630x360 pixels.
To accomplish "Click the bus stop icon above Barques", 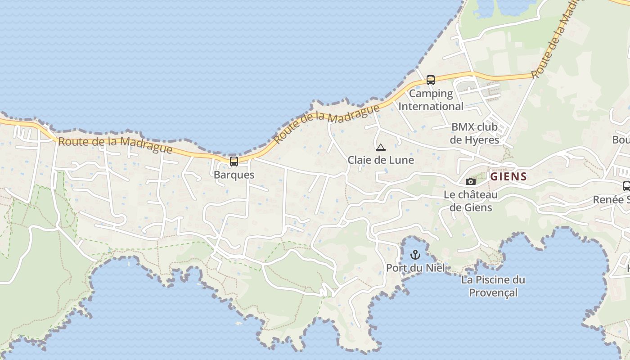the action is pos(234,161).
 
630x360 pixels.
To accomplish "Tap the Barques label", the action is pos(234,175).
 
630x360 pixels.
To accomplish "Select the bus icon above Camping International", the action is pos(431,80).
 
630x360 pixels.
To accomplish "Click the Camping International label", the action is pos(431,100).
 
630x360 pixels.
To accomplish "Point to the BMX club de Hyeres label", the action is pos(474,133).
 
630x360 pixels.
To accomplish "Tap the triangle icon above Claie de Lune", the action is pos(381,147).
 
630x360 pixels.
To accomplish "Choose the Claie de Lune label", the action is pos(381,160).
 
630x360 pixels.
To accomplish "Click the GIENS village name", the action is pos(508,176).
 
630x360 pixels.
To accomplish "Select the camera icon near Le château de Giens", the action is pos(471,181).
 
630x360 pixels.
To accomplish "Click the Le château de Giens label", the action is pos(471,201).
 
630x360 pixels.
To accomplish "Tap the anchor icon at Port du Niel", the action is pos(415,256).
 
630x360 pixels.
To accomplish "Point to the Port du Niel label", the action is pos(415,268).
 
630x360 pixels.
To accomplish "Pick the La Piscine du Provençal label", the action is pos(493,286).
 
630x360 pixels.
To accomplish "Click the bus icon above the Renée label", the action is pos(626,186).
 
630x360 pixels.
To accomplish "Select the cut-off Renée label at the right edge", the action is pos(612,199).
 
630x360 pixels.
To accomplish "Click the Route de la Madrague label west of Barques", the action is pos(115,145).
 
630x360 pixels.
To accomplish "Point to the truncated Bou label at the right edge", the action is pos(621,140).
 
